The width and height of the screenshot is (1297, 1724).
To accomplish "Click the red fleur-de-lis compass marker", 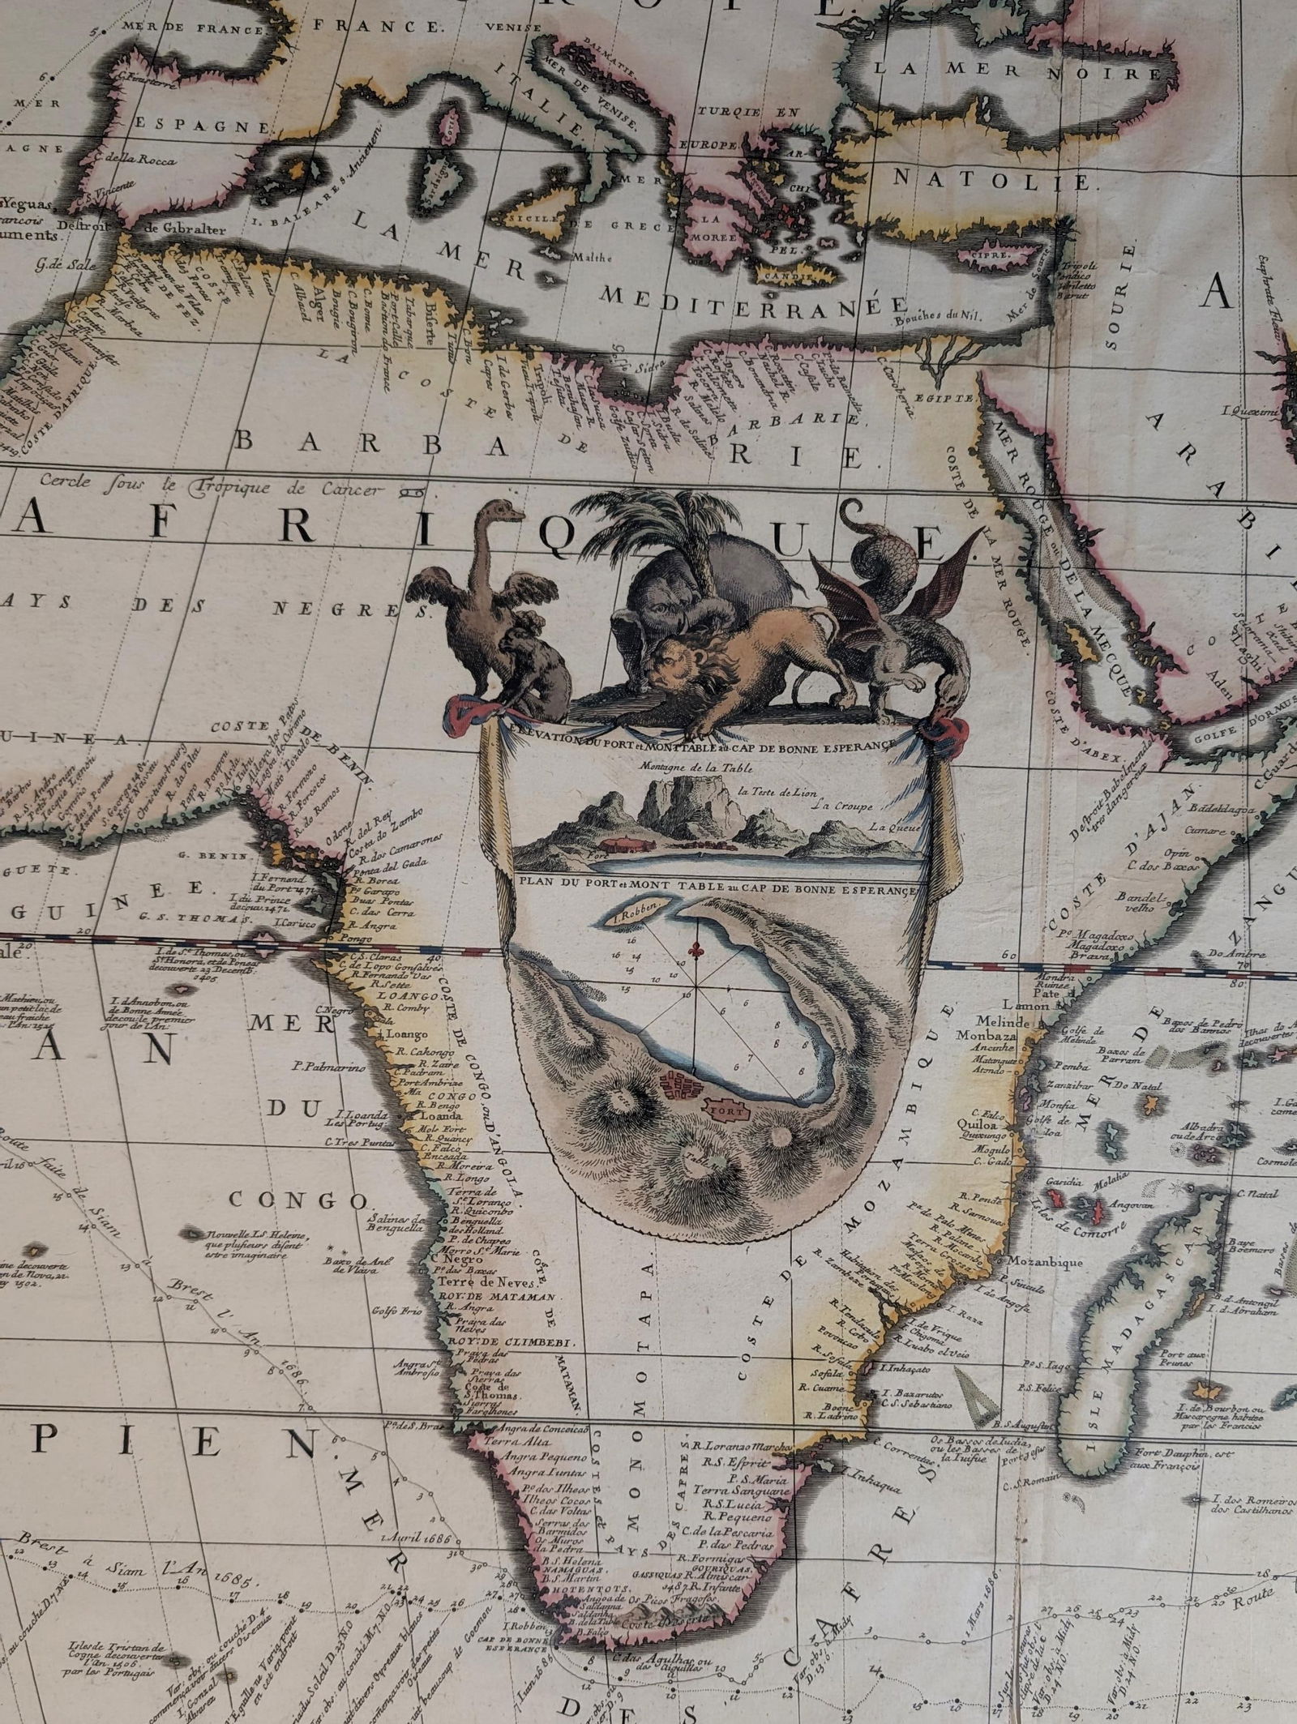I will click(694, 948).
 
